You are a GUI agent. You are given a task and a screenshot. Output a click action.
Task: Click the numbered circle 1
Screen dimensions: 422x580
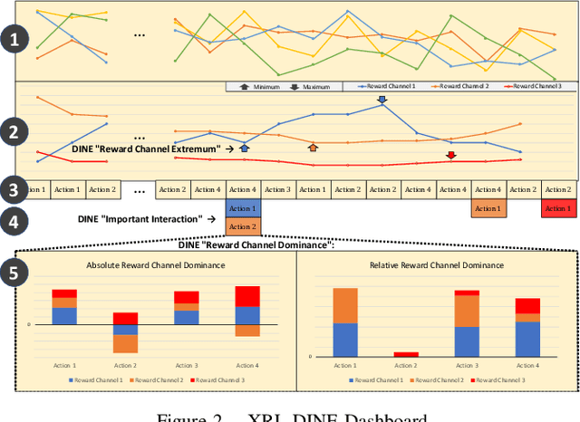(x=13, y=40)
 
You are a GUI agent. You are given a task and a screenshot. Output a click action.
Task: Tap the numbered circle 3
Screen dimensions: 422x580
(x=13, y=190)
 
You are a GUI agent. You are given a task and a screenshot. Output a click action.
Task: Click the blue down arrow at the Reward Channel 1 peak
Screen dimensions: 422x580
(x=382, y=101)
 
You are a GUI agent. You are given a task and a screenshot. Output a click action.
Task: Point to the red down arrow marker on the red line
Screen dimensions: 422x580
(x=450, y=155)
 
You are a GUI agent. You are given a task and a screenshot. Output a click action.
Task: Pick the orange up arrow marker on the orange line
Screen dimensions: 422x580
(x=313, y=148)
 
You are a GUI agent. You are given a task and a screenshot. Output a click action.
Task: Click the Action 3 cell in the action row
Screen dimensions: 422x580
(x=277, y=190)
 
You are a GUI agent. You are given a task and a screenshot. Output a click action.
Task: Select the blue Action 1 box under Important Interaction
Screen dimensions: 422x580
(x=243, y=209)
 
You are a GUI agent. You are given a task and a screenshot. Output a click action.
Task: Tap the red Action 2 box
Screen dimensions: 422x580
(x=557, y=209)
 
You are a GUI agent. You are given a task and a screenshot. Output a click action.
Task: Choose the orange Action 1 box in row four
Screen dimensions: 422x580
(x=488, y=209)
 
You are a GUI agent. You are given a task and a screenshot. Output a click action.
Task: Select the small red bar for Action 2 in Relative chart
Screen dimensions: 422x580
(x=407, y=354)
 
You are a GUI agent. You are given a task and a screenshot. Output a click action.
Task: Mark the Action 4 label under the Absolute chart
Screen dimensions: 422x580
(x=247, y=365)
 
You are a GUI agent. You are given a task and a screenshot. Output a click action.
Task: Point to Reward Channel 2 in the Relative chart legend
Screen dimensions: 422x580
(x=441, y=380)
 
